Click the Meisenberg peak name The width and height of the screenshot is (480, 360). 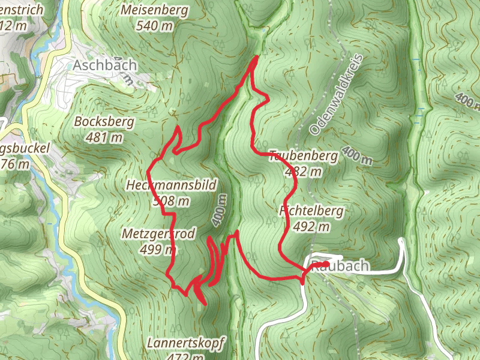pyautogui.click(x=154, y=10)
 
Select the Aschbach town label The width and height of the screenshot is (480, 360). pyautogui.click(x=105, y=65)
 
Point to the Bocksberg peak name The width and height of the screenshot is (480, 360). pyautogui.click(x=104, y=122)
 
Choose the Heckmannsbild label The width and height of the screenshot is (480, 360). pyautogui.click(x=171, y=185)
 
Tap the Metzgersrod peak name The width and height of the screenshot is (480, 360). pyautogui.click(x=158, y=234)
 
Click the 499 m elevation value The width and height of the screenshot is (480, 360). pyautogui.click(x=158, y=249)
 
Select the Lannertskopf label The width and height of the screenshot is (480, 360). pyautogui.click(x=186, y=343)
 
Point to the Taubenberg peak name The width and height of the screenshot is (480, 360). pyautogui.click(x=304, y=156)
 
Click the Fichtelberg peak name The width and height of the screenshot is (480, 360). pyautogui.click(x=311, y=211)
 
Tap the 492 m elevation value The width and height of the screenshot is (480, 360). pyautogui.click(x=311, y=226)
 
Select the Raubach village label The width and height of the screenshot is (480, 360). pyautogui.click(x=347, y=266)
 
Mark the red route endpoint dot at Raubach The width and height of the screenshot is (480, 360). pyautogui.click(x=325, y=263)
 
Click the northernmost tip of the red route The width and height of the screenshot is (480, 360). pyautogui.click(x=256, y=57)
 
